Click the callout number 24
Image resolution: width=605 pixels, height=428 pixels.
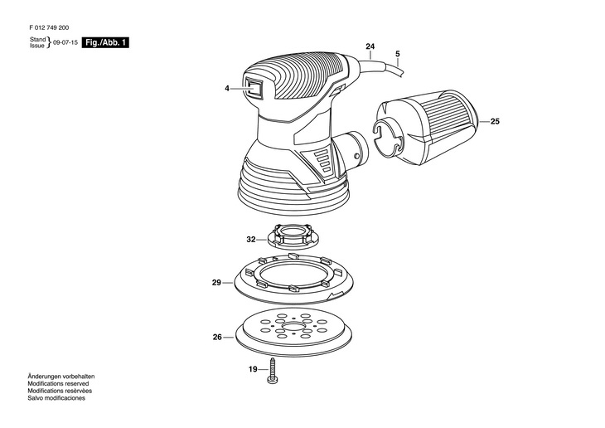click(370, 46)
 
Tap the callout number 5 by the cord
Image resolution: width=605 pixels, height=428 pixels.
click(398, 54)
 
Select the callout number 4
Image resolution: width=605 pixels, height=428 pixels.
click(227, 89)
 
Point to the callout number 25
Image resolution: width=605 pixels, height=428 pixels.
click(495, 121)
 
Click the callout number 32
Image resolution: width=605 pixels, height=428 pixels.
click(251, 240)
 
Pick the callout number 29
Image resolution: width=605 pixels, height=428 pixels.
click(216, 283)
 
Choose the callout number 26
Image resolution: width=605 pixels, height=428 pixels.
click(217, 338)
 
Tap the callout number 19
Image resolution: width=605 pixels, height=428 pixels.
click(253, 369)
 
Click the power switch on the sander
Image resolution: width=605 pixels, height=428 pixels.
click(254, 89)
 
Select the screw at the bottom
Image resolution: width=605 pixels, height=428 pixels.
click(273, 371)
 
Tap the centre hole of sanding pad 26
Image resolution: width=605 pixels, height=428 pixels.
click(293, 327)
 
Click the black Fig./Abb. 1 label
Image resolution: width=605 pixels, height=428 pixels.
click(105, 42)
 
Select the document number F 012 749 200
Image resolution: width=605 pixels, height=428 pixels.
click(50, 28)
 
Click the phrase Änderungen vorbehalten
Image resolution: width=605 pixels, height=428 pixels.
click(61, 377)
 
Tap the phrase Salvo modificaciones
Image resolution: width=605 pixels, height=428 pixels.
click(56, 398)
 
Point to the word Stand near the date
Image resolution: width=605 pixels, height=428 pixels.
click(38, 40)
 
